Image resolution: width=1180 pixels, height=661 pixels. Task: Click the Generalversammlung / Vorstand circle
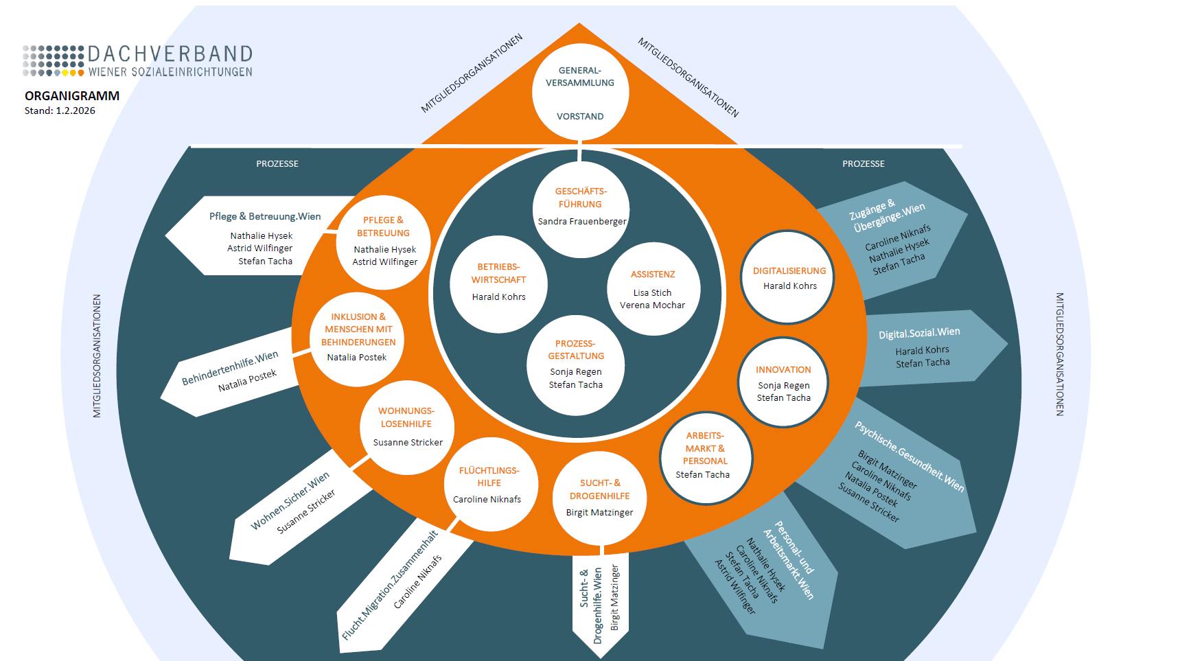(580, 92)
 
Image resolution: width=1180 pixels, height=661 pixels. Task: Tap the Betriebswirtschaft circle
(498, 283)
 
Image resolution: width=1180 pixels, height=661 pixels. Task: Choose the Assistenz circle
(653, 289)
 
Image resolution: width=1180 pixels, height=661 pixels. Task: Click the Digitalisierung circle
(788, 277)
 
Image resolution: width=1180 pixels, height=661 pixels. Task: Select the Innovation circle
(783, 382)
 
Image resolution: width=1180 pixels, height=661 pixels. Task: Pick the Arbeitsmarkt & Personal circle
(706, 458)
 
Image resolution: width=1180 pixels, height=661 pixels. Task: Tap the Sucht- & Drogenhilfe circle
(599, 498)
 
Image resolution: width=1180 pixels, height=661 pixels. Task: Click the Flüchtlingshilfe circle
(490, 485)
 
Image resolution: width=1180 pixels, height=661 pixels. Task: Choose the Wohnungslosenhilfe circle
(407, 427)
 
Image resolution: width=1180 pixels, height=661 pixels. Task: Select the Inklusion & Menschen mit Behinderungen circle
(358, 340)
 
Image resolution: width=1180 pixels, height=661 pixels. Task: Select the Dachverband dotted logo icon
(54, 60)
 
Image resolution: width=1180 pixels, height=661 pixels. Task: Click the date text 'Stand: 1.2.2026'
(60, 111)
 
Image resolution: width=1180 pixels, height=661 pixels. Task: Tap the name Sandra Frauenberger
(582, 222)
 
